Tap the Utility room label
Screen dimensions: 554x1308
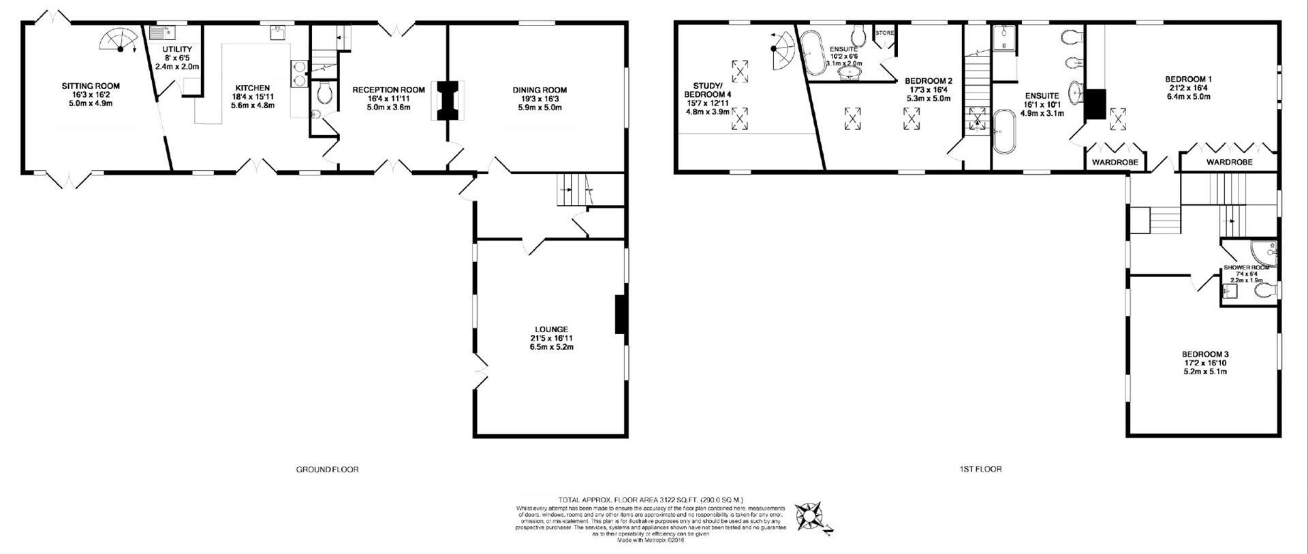177,58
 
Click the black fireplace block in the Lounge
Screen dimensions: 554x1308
621,314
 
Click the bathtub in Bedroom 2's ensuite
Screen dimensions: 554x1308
812,51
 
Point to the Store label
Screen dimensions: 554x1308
884,33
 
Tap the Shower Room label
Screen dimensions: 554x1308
1246,268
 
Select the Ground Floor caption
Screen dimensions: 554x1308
327,469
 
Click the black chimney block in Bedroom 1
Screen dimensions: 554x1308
1095,104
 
